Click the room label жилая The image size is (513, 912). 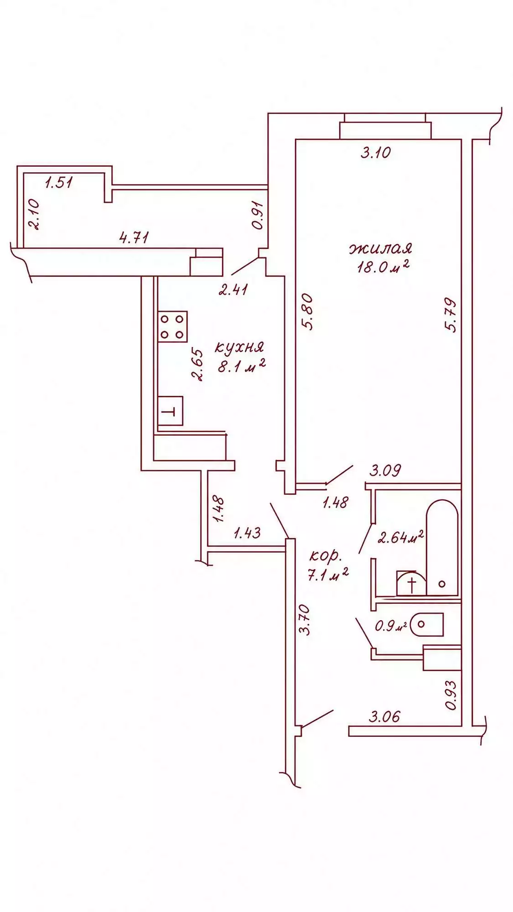pyautogui.click(x=381, y=249)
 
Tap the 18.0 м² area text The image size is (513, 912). pyautogui.click(x=383, y=266)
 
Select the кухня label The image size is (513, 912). pyautogui.click(x=239, y=347)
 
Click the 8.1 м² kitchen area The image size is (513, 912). pyautogui.click(x=242, y=366)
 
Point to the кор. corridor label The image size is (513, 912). pyautogui.click(x=325, y=556)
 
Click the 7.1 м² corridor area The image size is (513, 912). pyautogui.click(x=328, y=575)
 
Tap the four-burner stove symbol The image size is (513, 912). pyautogui.click(x=172, y=326)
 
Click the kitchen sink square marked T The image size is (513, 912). pyautogui.click(x=170, y=411)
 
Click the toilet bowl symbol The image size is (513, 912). pyautogui.click(x=426, y=624)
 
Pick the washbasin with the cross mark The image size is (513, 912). pyautogui.click(x=411, y=584)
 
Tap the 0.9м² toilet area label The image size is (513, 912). pyautogui.click(x=391, y=626)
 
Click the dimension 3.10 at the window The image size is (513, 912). pyautogui.click(x=376, y=152)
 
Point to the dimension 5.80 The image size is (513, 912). pyautogui.click(x=308, y=311)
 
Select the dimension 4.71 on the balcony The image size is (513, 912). pyautogui.click(x=134, y=237)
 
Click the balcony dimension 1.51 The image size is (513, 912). pyautogui.click(x=59, y=182)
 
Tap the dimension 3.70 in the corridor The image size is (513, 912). pyautogui.click(x=304, y=619)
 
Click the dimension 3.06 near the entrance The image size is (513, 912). pyautogui.click(x=384, y=716)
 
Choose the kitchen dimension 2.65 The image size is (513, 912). pyautogui.click(x=197, y=364)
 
